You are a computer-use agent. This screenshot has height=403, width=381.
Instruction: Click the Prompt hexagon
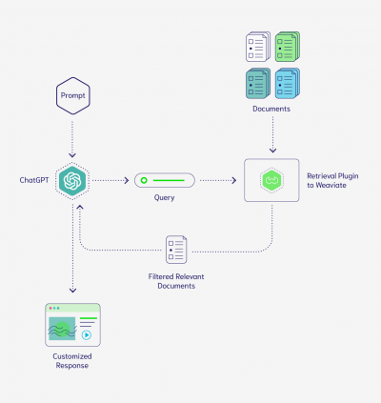(x=71, y=97)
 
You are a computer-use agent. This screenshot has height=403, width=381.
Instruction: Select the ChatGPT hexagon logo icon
(x=71, y=179)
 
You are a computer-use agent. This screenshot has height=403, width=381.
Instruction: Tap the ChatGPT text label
(x=32, y=179)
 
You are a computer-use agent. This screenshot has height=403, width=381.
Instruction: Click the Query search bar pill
(x=164, y=179)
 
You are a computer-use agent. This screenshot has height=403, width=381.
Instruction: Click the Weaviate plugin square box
(x=271, y=179)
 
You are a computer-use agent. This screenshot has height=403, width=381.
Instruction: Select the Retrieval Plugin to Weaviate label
(x=331, y=180)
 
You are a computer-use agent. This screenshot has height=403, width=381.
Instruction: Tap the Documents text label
(x=272, y=110)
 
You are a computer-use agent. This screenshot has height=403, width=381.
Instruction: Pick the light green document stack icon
(x=288, y=48)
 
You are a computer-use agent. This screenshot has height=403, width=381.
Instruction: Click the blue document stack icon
(x=288, y=82)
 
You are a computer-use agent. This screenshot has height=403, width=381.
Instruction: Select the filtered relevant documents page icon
(x=176, y=250)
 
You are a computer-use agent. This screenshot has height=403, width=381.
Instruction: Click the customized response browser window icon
(x=71, y=325)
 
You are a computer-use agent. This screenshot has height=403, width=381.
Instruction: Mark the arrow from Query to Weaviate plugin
(x=219, y=179)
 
